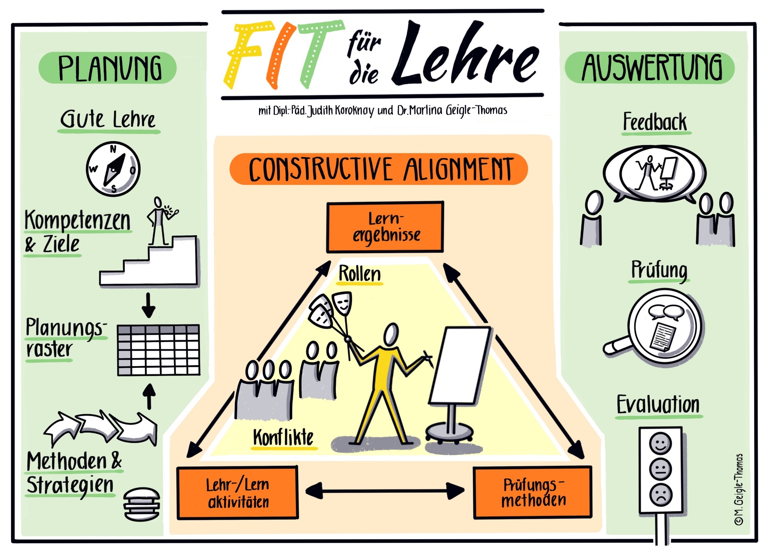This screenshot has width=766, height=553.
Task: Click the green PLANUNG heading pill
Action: coord(108,68)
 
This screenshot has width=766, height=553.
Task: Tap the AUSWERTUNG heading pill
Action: coord(650,68)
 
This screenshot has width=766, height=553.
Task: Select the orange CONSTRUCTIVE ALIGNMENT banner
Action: coord(378,169)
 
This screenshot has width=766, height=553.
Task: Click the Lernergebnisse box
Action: coord(385,227)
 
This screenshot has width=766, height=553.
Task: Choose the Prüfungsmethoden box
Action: coord(533,493)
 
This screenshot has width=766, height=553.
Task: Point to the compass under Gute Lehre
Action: coord(113,169)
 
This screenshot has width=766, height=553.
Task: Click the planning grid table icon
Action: coord(158,350)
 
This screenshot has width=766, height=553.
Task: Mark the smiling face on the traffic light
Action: coord(661,443)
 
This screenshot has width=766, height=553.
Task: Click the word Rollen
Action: coord(360,273)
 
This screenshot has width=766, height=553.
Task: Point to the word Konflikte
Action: coord(283,437)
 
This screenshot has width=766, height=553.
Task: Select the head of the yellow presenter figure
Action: coord(391,334)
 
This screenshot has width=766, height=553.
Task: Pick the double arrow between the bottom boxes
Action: coord(385,491)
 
